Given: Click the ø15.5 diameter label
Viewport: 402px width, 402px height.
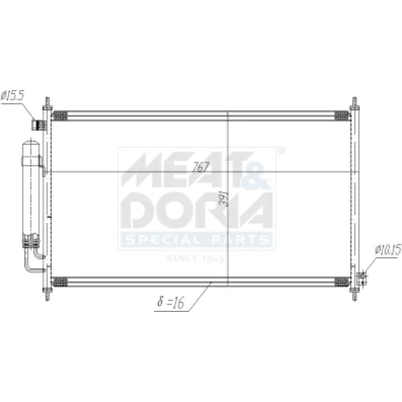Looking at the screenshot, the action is [x=13, y=95].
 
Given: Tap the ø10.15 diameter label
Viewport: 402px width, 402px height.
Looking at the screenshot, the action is [x=388, y=250].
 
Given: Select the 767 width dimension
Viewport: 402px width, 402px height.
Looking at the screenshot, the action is [x=201, y=167].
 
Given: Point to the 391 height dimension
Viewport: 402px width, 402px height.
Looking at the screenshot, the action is [x=224, y=199].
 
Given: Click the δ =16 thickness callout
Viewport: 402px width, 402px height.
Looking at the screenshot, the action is [x=170, y=302].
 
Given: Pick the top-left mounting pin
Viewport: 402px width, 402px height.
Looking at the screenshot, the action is [x=47, y=103].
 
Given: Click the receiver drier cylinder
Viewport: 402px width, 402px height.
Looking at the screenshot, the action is [x=31, y=193].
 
